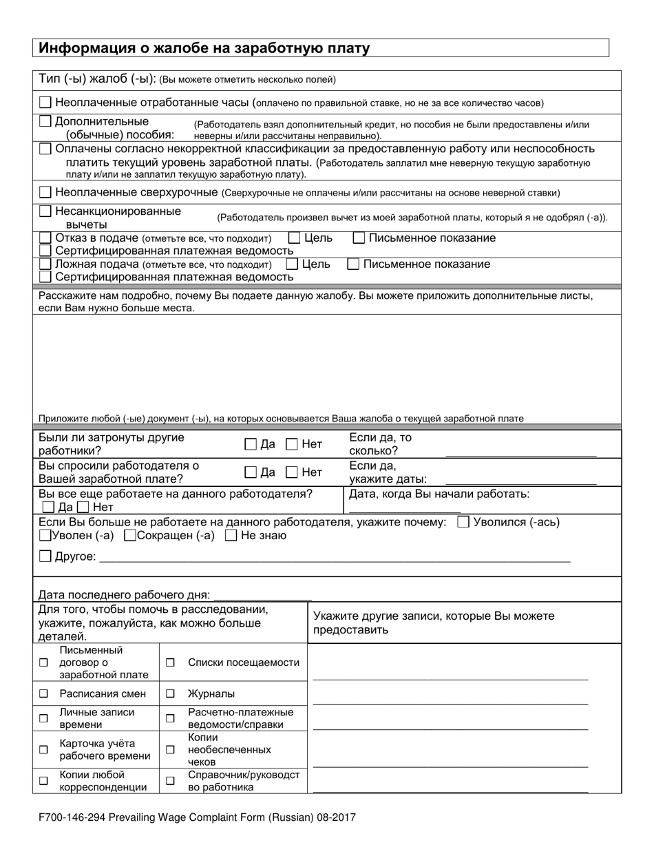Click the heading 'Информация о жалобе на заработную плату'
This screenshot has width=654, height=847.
tap(204, 48)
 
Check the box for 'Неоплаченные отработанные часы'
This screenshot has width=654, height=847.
tap(45, 103)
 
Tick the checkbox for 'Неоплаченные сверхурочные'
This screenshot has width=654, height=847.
tap(45, 191)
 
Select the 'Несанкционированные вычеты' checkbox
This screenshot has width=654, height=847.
tap(45, 211)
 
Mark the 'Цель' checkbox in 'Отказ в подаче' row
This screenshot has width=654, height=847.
tap(294, 238)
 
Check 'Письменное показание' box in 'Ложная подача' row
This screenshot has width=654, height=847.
tap(353, 264)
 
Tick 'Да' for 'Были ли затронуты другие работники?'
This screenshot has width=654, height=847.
tap(251, 445)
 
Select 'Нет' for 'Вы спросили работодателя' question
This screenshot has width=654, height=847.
tap(292, 472)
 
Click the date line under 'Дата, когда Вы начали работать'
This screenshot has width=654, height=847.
tap(405, 510)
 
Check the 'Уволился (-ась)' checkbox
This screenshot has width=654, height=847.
tap(464, 522)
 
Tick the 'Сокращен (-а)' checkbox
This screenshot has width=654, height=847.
tap(129, 536)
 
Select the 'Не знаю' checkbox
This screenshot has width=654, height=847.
tap(232, 536)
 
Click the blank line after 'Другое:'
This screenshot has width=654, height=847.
tap(335, 561)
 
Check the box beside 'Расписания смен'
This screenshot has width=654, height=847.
tap(43, 693)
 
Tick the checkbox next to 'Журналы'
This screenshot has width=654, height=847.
tap(170, 693)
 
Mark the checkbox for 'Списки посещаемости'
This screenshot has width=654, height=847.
tap(170, 662)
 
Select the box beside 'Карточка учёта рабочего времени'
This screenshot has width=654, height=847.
tap(43, 749)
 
